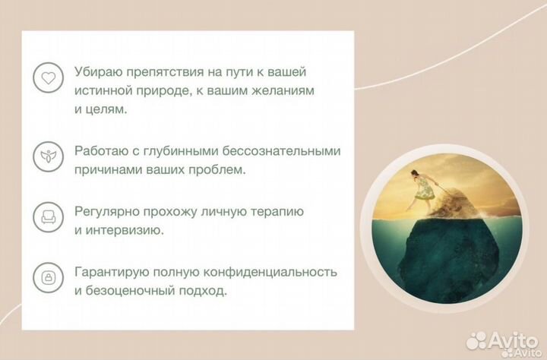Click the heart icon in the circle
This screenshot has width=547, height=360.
pyautogui.click(x=48, y=78)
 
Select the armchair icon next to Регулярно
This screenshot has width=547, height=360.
pyautogui.click(x=48, y=218)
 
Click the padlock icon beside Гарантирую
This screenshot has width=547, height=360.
pyautogui.click(x=48, y=278)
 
